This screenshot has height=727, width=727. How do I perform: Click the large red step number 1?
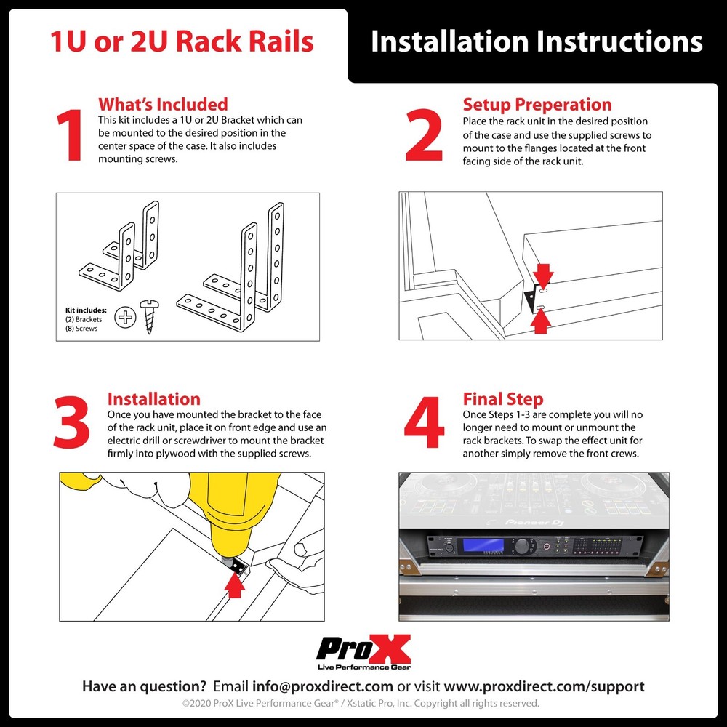70,137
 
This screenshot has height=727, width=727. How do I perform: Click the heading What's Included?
163,104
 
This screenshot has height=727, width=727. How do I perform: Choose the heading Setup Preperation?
537,104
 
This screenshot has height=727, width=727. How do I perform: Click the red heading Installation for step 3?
153,399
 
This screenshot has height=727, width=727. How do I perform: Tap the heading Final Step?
502,399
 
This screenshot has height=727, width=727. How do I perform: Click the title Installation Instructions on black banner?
537,41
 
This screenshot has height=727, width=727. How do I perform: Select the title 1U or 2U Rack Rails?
182,41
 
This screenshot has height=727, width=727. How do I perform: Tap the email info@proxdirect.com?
322,686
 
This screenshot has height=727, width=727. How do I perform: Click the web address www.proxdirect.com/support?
544,686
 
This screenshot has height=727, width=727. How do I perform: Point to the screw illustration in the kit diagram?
150,316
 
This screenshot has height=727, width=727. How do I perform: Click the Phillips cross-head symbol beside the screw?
126,317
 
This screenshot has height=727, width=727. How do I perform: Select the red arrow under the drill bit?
234,585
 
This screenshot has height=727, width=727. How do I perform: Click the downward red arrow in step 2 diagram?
543,274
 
